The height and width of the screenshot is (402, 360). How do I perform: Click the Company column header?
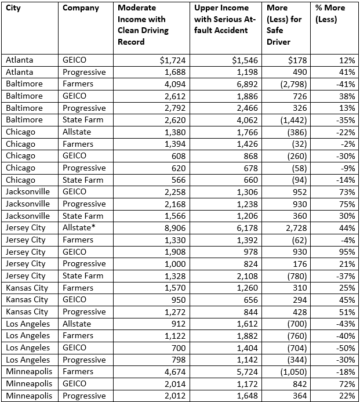pyautogui.click(x=81, y=8)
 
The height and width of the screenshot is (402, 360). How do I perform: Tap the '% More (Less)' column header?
pyautogui.click(x=330, y=14)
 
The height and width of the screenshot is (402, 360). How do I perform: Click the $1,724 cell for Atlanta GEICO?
pyautogui.click(x=174, y=60)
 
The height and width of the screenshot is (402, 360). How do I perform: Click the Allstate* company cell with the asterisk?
pyautogui.click(x=78, y=227)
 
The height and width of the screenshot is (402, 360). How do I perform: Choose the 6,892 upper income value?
pyautogui.click(x=250, y=84)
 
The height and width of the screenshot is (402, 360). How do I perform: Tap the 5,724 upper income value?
pyautogui.click(x=250, y=371)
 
